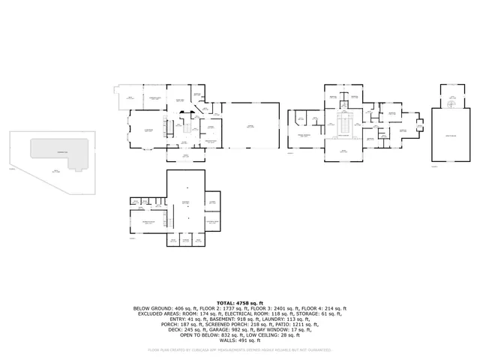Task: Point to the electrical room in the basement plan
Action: (212, 223)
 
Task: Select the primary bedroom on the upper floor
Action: (304, 135)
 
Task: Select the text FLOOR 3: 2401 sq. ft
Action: (268, 307)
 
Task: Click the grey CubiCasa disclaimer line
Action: (240, 349)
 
